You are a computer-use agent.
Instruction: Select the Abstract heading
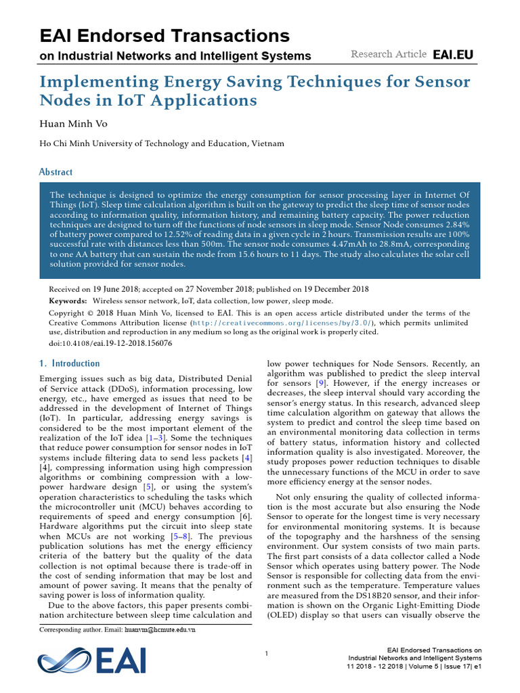pos(56,173)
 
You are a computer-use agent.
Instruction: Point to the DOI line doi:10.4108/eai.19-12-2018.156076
pos(110,342)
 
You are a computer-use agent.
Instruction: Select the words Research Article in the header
pos(389,54)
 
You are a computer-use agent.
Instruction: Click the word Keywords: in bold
pos(68,300)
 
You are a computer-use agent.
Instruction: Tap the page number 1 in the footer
pos(267,653)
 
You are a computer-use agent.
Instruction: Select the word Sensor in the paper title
pos(436,83)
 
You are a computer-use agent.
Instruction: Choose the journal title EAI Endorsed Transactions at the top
pos(165,36)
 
